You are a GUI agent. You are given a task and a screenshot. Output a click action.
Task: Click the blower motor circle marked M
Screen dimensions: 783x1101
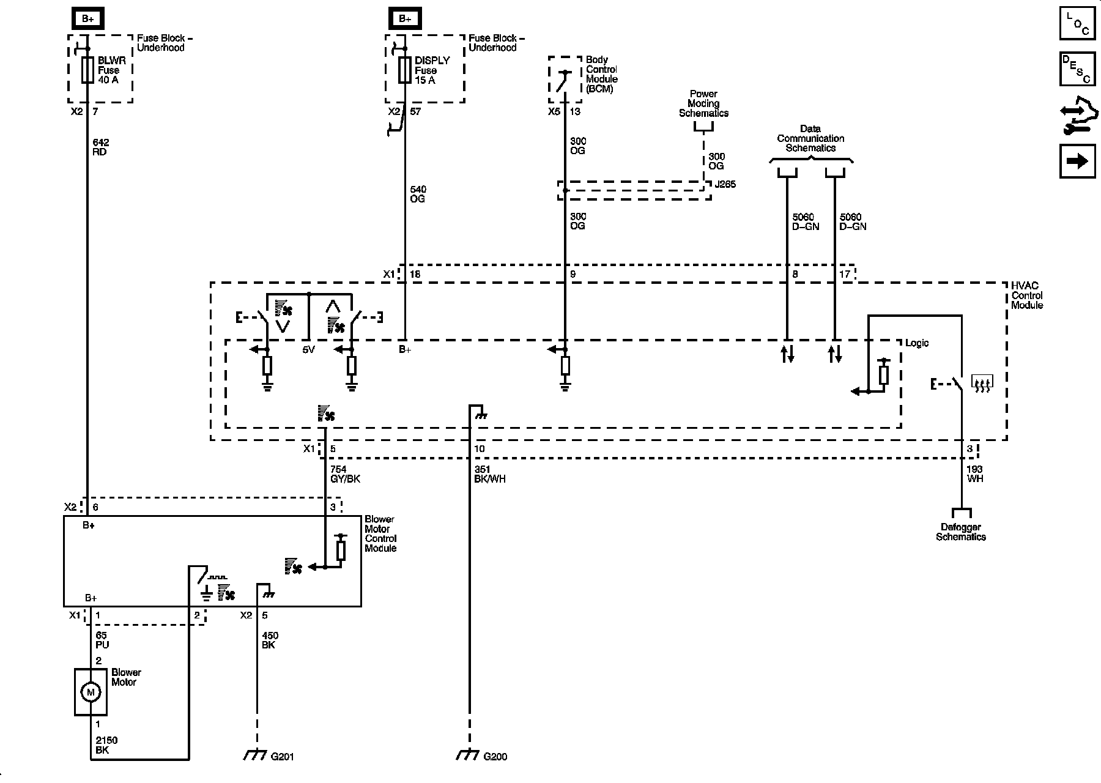[91, 692]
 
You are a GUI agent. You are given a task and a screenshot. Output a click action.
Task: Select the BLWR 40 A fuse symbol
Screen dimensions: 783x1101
[87, 70]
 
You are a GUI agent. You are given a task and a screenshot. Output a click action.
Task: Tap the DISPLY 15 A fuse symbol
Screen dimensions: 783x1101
[404, 70]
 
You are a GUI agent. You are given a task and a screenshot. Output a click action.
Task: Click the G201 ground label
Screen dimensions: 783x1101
[283, 757]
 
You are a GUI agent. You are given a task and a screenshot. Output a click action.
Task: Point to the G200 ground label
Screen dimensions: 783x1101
[495, 757]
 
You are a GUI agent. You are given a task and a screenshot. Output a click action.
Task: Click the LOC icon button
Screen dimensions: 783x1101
[1077, 23]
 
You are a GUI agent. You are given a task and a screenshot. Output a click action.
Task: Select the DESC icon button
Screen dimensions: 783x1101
[1077, 69]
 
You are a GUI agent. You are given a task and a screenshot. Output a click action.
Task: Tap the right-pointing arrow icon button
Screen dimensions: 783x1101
[1077, 161]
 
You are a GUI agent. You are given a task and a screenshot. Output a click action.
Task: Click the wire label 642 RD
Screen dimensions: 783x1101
[100, 147]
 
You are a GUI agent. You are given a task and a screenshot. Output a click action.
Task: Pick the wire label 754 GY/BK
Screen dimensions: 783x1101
[345, 475]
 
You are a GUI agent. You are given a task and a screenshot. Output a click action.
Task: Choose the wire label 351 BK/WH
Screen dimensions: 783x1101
[490, 475]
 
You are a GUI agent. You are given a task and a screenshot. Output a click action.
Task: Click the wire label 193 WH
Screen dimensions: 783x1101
[975, 475]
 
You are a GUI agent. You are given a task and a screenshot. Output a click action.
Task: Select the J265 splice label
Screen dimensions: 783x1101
[725, 184]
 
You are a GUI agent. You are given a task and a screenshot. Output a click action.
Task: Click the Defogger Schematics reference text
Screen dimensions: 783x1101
[961, 532]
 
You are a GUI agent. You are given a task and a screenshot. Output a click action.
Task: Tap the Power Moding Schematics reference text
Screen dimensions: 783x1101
[703, 103]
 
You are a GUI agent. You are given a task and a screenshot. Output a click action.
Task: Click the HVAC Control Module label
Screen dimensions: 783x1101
[1027, 295]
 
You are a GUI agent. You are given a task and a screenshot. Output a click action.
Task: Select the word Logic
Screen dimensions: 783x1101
[917, 343]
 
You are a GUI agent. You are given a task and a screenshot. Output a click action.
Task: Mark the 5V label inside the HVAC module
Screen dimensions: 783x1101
[308, 350]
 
